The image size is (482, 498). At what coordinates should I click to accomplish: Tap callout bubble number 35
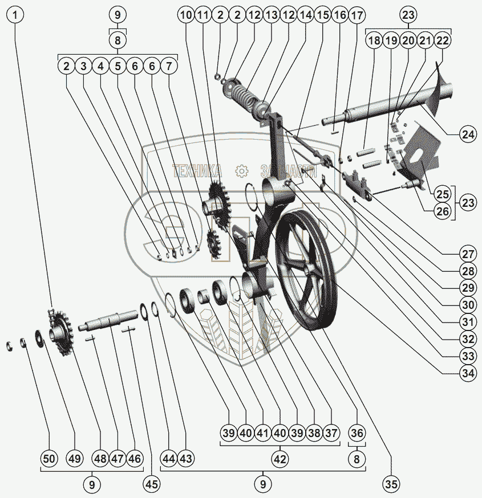coord(391,484)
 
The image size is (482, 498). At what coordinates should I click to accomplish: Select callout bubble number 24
coord(467,134)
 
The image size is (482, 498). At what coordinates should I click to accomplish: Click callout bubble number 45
coord(151,484)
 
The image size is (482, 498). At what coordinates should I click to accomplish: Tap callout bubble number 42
coord(279,458)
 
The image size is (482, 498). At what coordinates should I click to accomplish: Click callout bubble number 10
coord(185,15)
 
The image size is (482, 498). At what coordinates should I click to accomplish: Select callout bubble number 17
coord(357,15)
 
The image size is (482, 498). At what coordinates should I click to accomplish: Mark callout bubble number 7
coord(169,66)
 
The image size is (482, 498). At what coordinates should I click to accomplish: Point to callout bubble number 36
coord(356,433)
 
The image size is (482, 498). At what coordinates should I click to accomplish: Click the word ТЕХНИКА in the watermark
coord(197,170)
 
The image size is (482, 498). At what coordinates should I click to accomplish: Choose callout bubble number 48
coord(100,458)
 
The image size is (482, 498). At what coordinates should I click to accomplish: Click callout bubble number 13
coord(271,15)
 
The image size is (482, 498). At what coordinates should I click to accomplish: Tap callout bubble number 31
coord(467,322)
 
